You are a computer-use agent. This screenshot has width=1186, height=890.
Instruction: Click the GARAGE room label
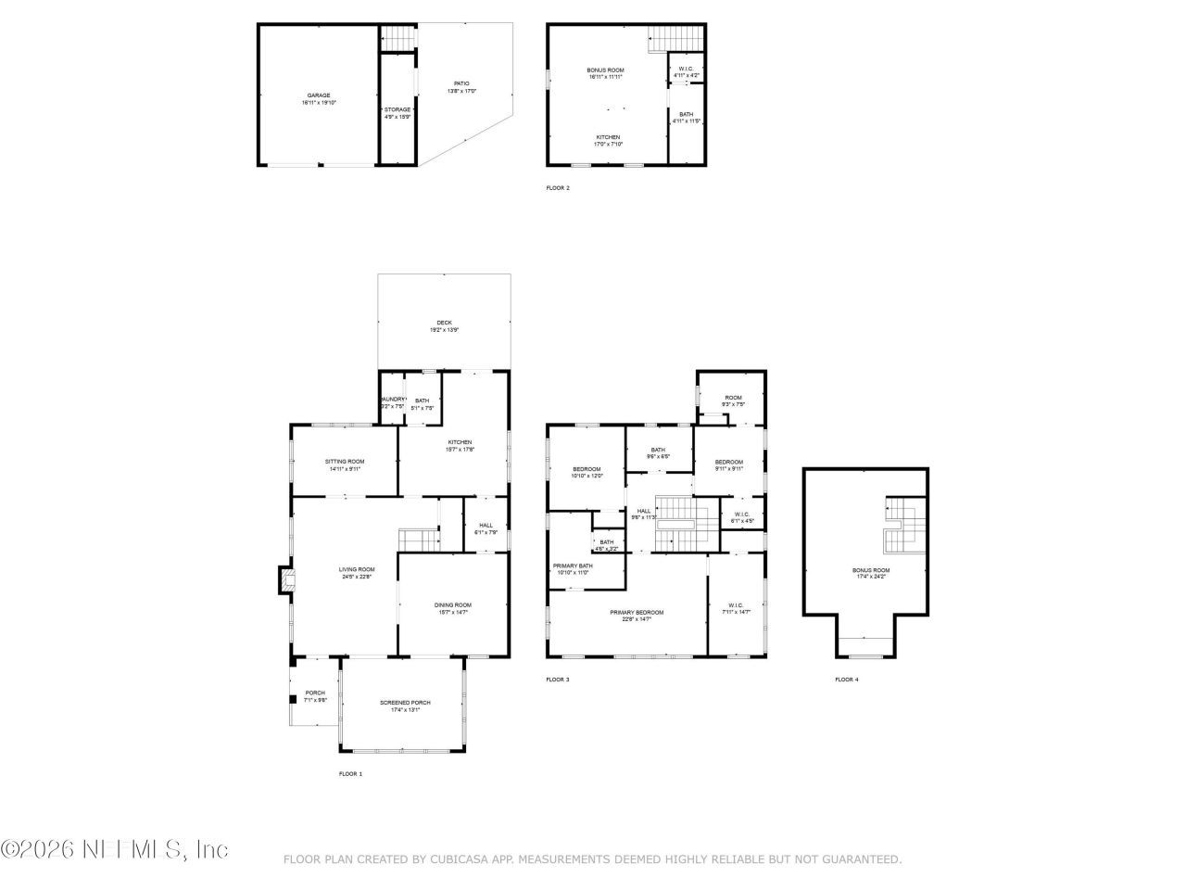click(x=319, y=95)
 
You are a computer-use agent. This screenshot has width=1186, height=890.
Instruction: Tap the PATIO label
click(x=461, y=83)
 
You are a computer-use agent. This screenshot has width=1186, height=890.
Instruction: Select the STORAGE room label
click(x=397, y=109)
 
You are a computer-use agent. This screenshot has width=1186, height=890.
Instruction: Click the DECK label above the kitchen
click(x=445, y=323)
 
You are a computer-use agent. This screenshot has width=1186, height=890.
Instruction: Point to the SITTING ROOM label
click(x=345, y=462)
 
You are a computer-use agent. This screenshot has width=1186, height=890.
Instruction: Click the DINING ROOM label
click(x=453, y=605)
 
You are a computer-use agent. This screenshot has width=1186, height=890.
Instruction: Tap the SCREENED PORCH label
click(x=405, y=703)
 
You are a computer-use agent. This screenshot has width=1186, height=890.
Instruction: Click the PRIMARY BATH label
click(x=573, y=566)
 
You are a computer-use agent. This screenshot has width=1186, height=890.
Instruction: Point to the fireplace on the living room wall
click(x=284, y=581)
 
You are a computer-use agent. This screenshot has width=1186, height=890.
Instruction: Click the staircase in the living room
click(x=418, y=540)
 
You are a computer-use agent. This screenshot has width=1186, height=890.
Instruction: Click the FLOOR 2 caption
click(x=558, y=188)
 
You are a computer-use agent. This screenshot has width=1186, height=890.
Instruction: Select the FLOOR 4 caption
click(x=846, y=680)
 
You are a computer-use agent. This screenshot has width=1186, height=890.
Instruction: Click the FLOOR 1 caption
click(x=350, y=773)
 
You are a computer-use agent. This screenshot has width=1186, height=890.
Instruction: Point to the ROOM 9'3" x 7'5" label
click(x=733, y=400)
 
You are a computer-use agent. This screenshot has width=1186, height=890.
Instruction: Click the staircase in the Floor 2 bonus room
click(x=676, y=37)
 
